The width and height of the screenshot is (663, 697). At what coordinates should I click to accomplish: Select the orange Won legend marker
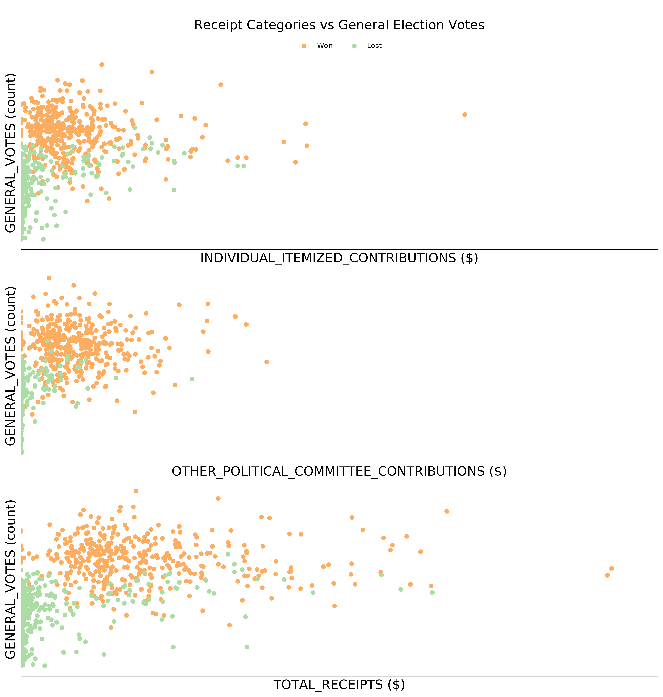click(304, 46)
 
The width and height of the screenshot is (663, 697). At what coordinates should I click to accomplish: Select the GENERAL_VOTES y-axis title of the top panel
click(11, 153)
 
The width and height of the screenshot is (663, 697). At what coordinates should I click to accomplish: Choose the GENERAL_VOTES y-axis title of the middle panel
click(11, 366)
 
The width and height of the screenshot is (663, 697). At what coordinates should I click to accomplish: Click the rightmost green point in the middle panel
click(192, 379)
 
